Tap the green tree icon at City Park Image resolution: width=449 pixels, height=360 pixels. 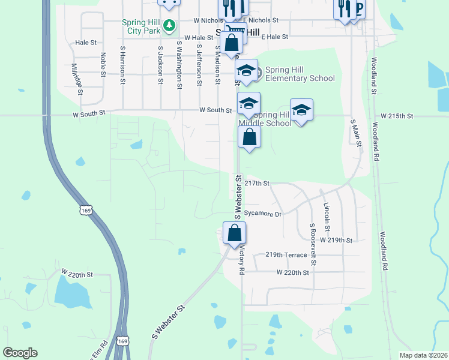point(170,25)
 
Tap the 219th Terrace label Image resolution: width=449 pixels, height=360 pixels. point(286,255)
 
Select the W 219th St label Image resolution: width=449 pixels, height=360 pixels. point(336,239)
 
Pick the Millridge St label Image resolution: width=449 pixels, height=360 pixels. point(76,80)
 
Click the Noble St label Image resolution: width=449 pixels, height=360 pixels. point(103,65)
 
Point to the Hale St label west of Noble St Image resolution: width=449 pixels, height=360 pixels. point(86,43)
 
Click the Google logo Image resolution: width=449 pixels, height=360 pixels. point(20,353)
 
